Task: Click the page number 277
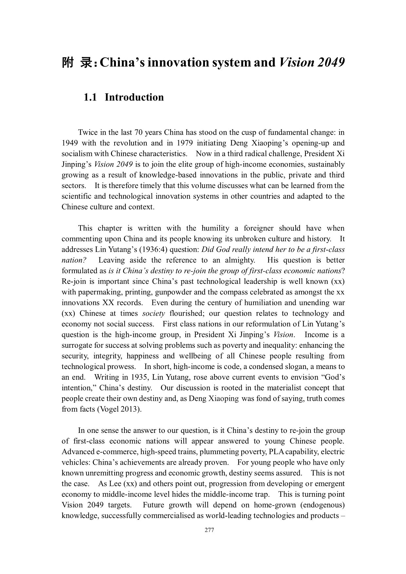click(209, 530)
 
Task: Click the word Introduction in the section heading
click(134, 97)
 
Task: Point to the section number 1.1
click(90, 97)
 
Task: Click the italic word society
click(154, 313)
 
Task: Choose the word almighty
click(239, 260)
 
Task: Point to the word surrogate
click(76, 345)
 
